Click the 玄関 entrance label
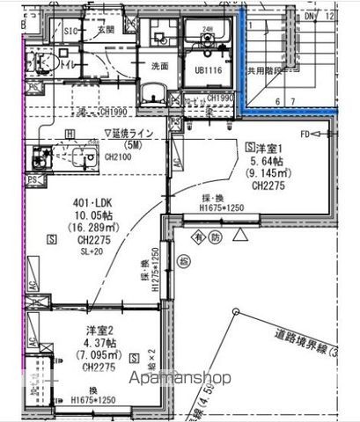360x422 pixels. pos(107,30)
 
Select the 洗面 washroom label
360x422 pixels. pos(159,66)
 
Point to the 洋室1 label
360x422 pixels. pos(266,149)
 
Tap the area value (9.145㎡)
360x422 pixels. pos(268,174)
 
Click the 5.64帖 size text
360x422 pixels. pos(265,162)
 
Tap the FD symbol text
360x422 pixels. pos(305,135)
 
